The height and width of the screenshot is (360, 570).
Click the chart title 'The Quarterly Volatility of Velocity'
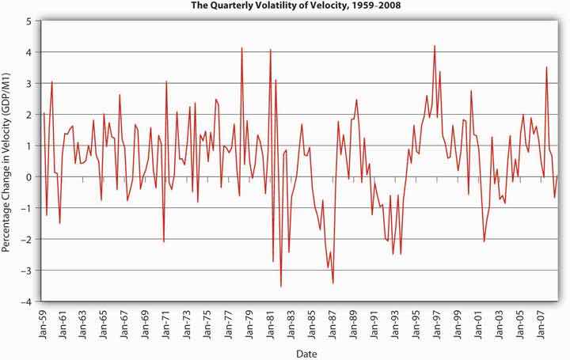(284, 8)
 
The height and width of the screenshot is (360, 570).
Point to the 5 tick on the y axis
(30, 21)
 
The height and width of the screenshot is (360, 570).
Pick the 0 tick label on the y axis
(30, 177)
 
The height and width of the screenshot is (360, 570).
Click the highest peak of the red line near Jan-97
(435, 46)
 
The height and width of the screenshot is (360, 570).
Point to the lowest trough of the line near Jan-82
(281, 286)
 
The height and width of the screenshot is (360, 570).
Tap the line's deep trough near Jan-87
(333, 282)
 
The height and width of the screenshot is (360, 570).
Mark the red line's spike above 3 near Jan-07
(546, 67)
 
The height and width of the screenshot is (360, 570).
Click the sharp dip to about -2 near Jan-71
(164, 241)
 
